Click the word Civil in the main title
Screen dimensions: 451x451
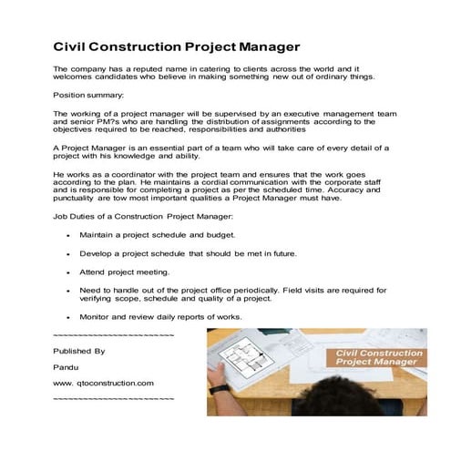[x=71, y=45]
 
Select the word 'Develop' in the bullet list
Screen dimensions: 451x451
[x=97, y=253]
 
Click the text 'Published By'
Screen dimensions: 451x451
[x=80, y=350]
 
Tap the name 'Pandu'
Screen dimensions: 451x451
[x=66, y=366]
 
